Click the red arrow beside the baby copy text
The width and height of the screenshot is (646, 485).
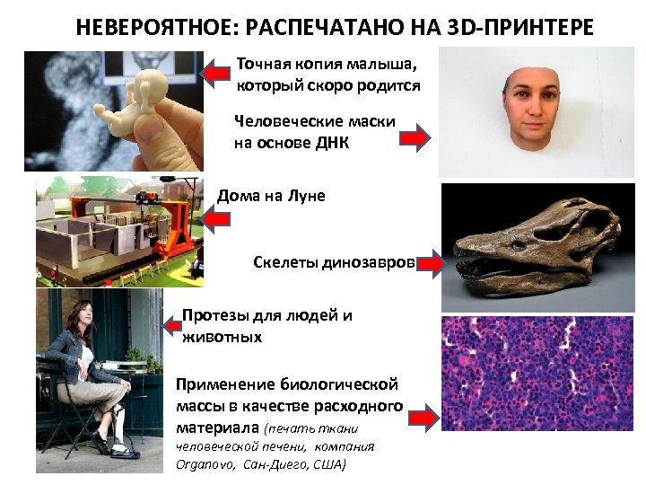tap(215, 72)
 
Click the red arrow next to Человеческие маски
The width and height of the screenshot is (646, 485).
tap(415, 138)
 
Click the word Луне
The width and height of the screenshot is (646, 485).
tap(303, 196)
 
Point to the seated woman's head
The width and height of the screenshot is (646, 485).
tap(79, 312)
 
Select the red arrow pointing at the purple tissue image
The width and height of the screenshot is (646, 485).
tap(423, 417)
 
